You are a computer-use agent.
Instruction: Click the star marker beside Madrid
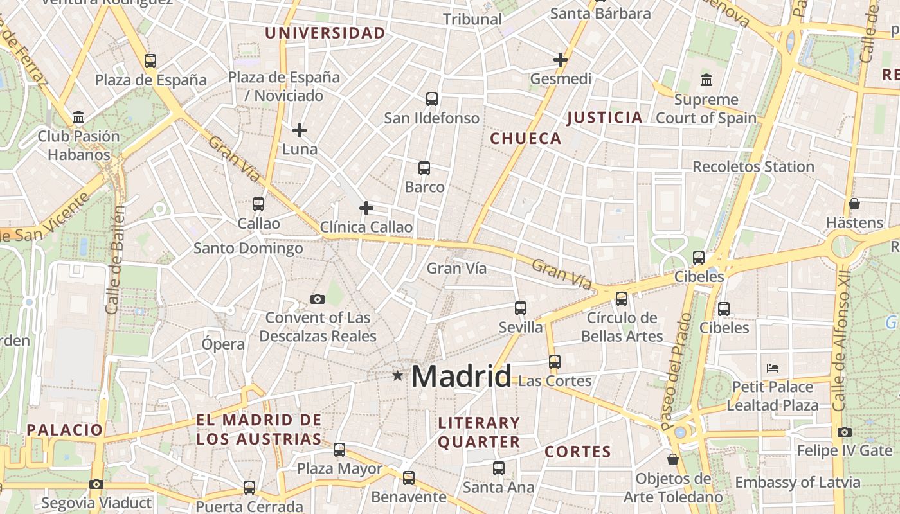click(x=398, y=376)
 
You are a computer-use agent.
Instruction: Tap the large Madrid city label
click(x=462, y=376)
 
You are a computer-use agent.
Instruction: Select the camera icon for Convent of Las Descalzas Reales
click(x=317, y=299)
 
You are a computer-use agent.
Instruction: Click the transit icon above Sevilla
click(x=521, y=308)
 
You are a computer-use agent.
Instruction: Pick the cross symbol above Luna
click(x=300, y=130)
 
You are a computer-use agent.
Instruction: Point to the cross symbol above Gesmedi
click(x=561, y=60)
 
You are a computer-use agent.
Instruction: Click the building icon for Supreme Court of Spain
click(x=706, y=80)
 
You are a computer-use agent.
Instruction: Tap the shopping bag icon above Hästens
click(x=854, y=204)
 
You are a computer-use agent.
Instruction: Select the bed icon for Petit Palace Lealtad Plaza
click(x=773, y=368)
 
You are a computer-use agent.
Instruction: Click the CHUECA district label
click(x=526, y=139)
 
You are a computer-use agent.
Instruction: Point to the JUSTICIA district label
click(x=604, y=118)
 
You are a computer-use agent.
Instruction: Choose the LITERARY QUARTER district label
click(x=479, y=432)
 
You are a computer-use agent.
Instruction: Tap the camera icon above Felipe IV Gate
click(x=845, y=432)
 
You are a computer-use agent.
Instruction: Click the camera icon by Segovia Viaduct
click(x=96, y=484)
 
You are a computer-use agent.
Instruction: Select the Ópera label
click(x=223, y=344)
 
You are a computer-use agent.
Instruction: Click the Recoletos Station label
click(x=753, y=167)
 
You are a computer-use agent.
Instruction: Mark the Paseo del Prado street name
click(x=676, y=371)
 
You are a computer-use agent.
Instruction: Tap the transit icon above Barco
click(x=424, y=168)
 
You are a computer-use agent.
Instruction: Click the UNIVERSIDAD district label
click(x=325, y=33)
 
